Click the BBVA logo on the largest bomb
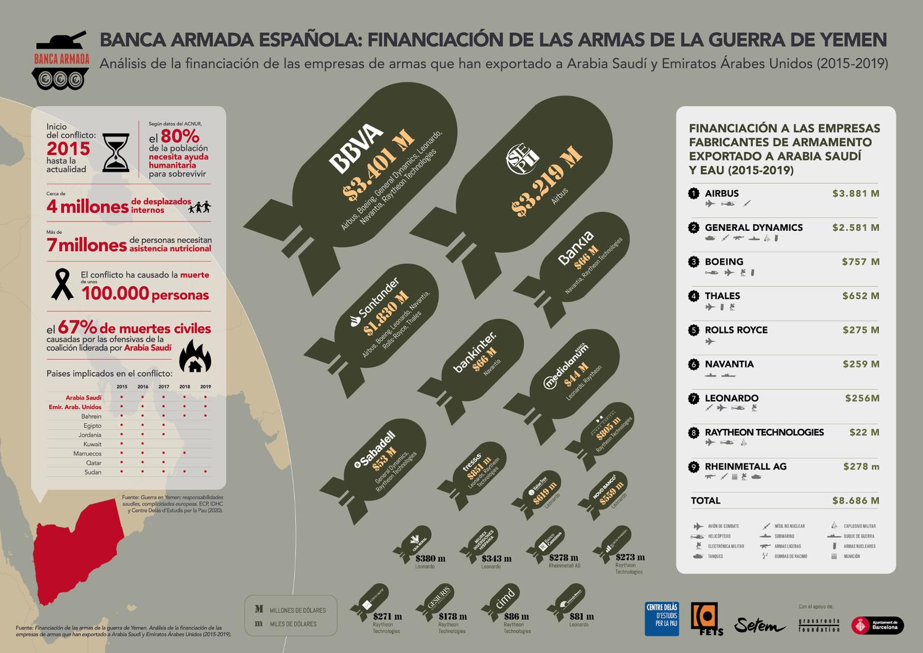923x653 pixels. coord(356,148)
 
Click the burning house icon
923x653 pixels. coord(195,356)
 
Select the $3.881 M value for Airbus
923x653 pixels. coord(855,193)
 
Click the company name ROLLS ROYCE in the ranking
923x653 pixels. coord(736,330)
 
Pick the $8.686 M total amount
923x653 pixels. coord(855,500)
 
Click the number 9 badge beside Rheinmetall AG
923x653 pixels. coord(694,467)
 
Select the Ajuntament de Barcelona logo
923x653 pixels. coord(877,625)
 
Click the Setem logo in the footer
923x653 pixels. coord(759,625)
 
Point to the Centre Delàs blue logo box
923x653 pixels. coord(661,618)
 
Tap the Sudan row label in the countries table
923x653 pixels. coord(93,472)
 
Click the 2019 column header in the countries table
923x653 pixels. coord(205,387)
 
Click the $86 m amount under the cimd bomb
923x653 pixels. coord(516,616)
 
